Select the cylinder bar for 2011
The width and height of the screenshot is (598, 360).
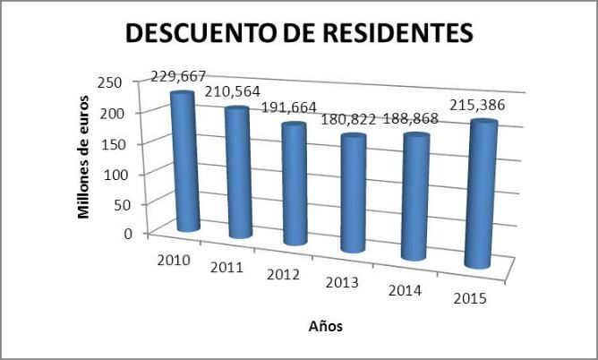click(x=237, y=173)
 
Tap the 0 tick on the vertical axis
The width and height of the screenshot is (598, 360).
click(x=129, y=233)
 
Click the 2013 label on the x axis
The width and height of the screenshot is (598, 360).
click(x=342, y=283)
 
